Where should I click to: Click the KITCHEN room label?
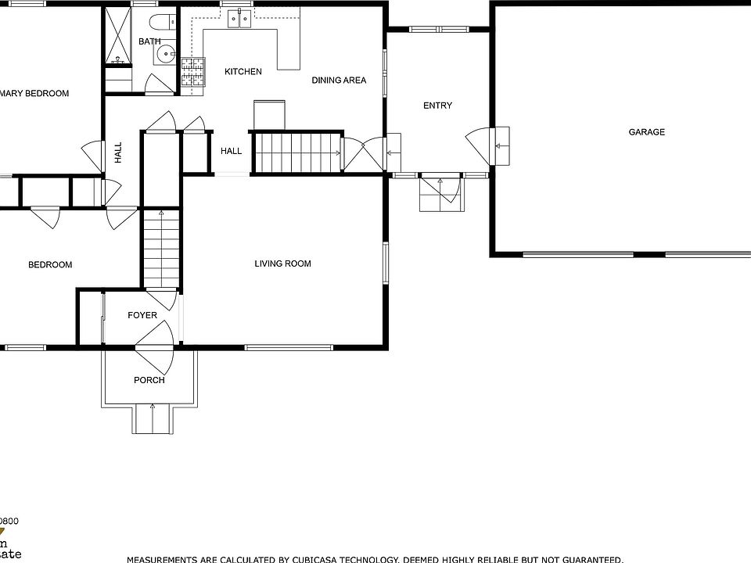tap(243, 72)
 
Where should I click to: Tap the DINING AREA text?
tap(339, 80)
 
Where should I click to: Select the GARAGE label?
tap(647, 132)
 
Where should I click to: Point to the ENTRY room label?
tap(437, 106)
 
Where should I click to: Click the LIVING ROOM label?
tap(282, 264)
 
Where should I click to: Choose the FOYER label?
tap(142, 315)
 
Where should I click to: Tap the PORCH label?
tap(149, 380)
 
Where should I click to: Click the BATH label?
tap(149, 41)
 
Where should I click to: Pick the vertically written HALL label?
tap(118, 152)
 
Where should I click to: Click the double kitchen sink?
tap(240, 19)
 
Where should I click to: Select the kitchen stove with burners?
tap(192, 71)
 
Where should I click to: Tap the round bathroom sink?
tap(165, 54)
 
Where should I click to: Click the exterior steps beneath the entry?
tap(442, 194)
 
